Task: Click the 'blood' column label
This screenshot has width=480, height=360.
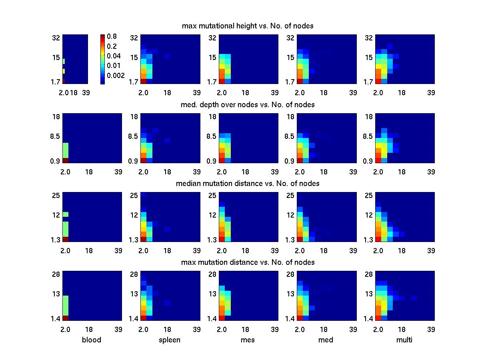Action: point(92,340)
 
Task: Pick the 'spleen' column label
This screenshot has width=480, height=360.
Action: point(170,340)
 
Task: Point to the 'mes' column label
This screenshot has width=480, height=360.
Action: point(248,340)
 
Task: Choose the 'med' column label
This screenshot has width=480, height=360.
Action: point(326,340)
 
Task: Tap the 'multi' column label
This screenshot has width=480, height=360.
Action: point(404,340)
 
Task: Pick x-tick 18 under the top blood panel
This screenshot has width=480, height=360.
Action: point(74,93)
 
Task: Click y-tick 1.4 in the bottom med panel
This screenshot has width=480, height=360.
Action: point(290,318)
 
